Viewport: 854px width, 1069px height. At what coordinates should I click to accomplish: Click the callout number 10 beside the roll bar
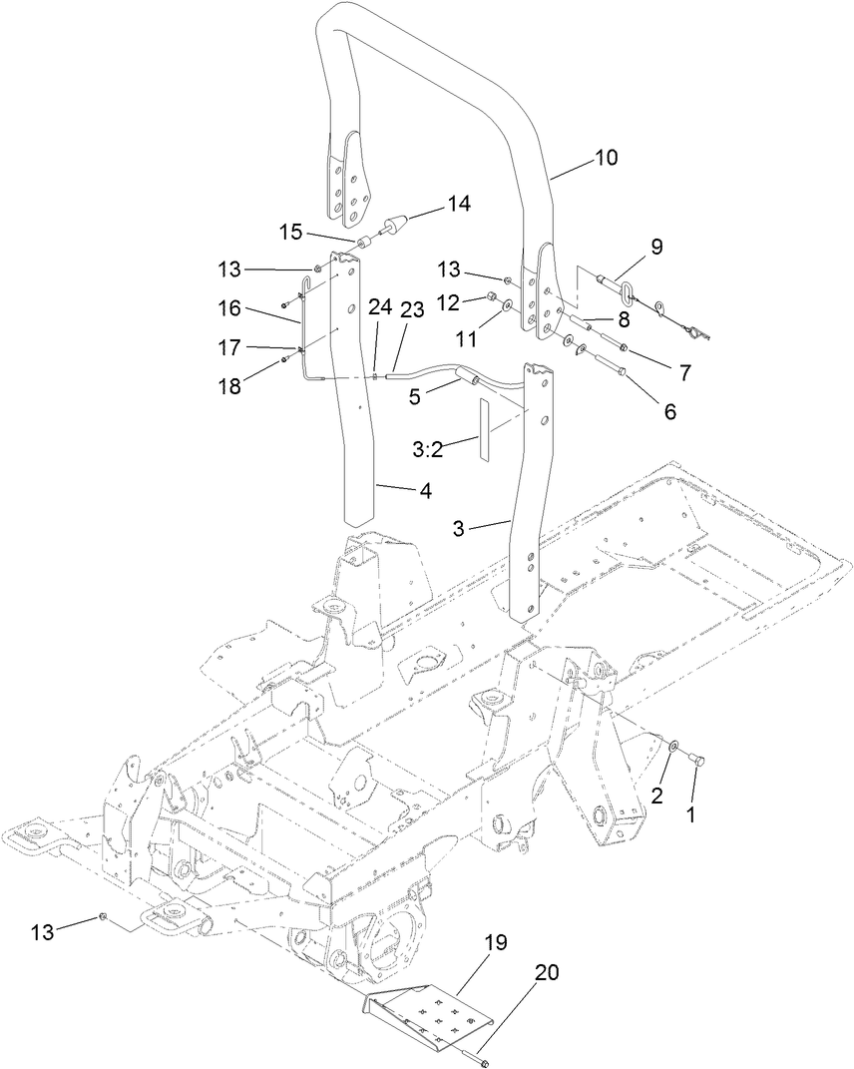(x=606, y=158)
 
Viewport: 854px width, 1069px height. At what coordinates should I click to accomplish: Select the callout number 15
(x=290, y=232)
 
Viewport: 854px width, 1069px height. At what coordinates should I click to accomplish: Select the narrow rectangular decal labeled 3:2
(x=486, y=431)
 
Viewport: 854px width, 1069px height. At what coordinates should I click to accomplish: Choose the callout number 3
(x=459, y=529)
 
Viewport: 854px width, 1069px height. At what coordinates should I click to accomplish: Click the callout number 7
(x=684, y=373)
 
